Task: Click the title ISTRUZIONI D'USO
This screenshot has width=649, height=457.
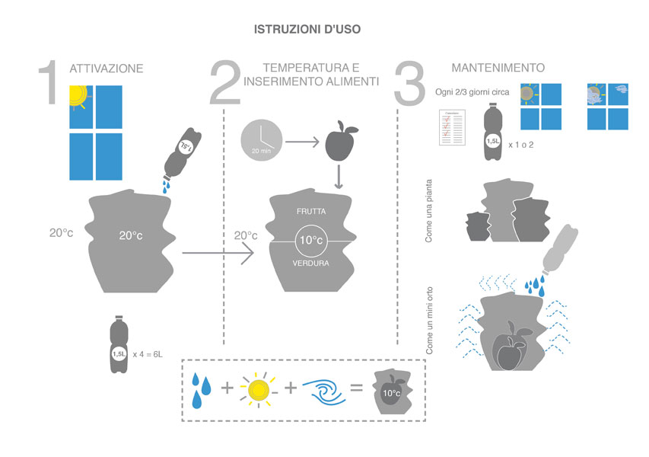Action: click(x=307, y=30)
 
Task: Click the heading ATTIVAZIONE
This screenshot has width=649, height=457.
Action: click(x=106, y=69)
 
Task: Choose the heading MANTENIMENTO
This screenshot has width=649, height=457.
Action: click(x=498, y=68)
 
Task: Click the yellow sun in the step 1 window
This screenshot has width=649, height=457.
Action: click(x=78, y=94)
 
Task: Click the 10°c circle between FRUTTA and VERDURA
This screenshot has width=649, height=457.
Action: click(x=312, y=241)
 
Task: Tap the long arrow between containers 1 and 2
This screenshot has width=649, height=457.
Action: click(x=217, y=254)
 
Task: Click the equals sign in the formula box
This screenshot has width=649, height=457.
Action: click(x=356, y=388)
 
